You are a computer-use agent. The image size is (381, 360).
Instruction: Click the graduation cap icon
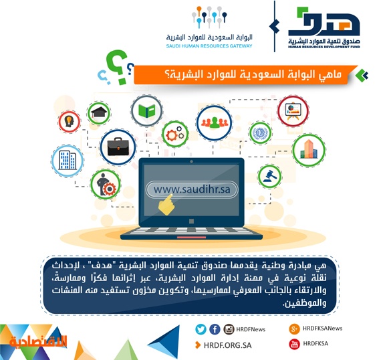[x=99, y=113]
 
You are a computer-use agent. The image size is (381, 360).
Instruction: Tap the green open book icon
[x=146, y=111]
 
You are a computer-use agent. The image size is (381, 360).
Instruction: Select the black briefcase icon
[x=118, y=147]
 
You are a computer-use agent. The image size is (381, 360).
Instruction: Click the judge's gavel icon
[x=269, y=176]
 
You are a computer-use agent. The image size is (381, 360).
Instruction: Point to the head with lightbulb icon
[x=69, y=121]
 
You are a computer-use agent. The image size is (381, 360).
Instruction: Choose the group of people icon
[x=215, y=122]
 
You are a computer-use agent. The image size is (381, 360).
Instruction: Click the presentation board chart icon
[x=293, y=111]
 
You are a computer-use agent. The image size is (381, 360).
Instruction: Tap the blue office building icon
[x=68, y=160]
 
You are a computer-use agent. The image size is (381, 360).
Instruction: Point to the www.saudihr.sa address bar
[x=191, y=190]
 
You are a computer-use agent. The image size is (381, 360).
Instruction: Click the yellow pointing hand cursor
[x=166, y=205]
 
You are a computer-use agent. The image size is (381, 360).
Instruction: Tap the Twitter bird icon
[x=201, y=329]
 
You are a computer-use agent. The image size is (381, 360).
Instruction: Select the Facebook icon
[x=215, y=329]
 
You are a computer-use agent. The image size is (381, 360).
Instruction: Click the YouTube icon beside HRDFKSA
[x=294, y=344]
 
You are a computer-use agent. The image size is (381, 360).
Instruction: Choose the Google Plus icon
[x=294, y=329]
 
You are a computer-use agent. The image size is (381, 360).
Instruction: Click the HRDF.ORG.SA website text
[x=228, y=345]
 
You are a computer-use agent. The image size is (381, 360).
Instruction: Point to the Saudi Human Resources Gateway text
[x=209, y=46]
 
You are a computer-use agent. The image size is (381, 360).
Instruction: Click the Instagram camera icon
[x=229, y=329]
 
